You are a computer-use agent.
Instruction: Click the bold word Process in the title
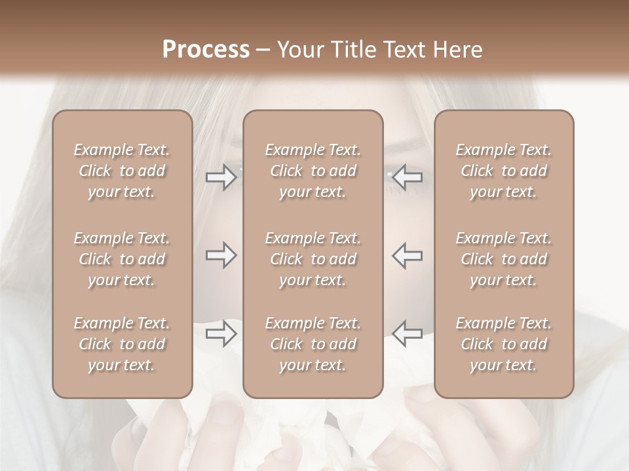pos(206,50)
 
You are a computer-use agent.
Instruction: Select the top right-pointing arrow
pos(221,177)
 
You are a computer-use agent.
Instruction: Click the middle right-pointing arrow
pos(221,255)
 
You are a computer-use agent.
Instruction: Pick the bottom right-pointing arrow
pos(221,334)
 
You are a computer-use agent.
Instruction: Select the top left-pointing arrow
pos(407,177)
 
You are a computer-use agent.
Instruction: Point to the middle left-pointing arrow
pos(407,255)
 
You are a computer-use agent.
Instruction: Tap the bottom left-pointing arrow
pos(407,334)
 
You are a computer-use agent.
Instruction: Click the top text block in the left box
pos(122,171)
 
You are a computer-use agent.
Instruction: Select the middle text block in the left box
pos(122,259)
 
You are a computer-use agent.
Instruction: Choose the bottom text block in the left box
pos(122,344)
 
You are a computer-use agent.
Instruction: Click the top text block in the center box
pos(313,171)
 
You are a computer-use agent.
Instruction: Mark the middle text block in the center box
pos(313,259)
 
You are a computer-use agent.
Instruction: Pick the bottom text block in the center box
pos(313,344)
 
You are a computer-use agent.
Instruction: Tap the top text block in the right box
pos(504,171)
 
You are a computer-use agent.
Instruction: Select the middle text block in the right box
pos(504,259)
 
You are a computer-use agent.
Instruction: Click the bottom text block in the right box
pos(504,344)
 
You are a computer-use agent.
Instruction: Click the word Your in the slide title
pos(298,50)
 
